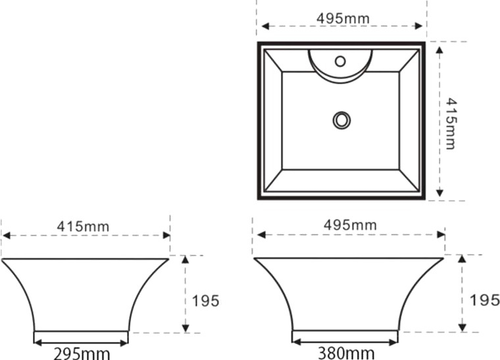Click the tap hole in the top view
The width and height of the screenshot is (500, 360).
[x=341, y=61]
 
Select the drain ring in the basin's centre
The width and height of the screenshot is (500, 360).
[x=342, y=120]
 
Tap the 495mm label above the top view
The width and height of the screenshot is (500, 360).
[x=343, y=18]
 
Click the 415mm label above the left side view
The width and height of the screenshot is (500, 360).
[x=83, y=226]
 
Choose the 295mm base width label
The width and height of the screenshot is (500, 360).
[x=82, y=353]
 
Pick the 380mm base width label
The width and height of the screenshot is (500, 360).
[x=346, y=353]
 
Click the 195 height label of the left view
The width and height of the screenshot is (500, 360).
[x=206, y=301]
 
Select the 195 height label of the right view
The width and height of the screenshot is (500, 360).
[x=485, y=300]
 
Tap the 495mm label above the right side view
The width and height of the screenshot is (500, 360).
[x=350, y=225]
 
